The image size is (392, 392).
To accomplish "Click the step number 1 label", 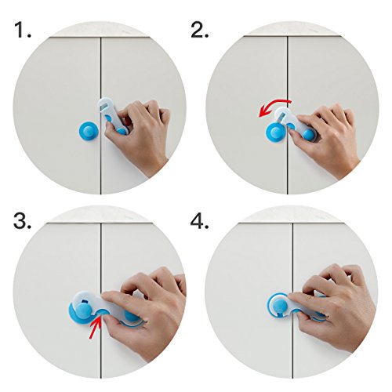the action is click(x=22, y=30).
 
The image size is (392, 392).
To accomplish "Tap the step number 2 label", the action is click(x=200, y=30).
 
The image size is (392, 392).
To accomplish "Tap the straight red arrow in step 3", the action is click(x=95, y=327).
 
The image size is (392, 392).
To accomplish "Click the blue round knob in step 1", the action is click(x=89, y=129).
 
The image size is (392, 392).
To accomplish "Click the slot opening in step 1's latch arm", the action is click(x=104, y=107).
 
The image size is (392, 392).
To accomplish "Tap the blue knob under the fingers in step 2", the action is click(x=308, y=134).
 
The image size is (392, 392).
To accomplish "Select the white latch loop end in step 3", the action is click(x=84, y=303).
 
